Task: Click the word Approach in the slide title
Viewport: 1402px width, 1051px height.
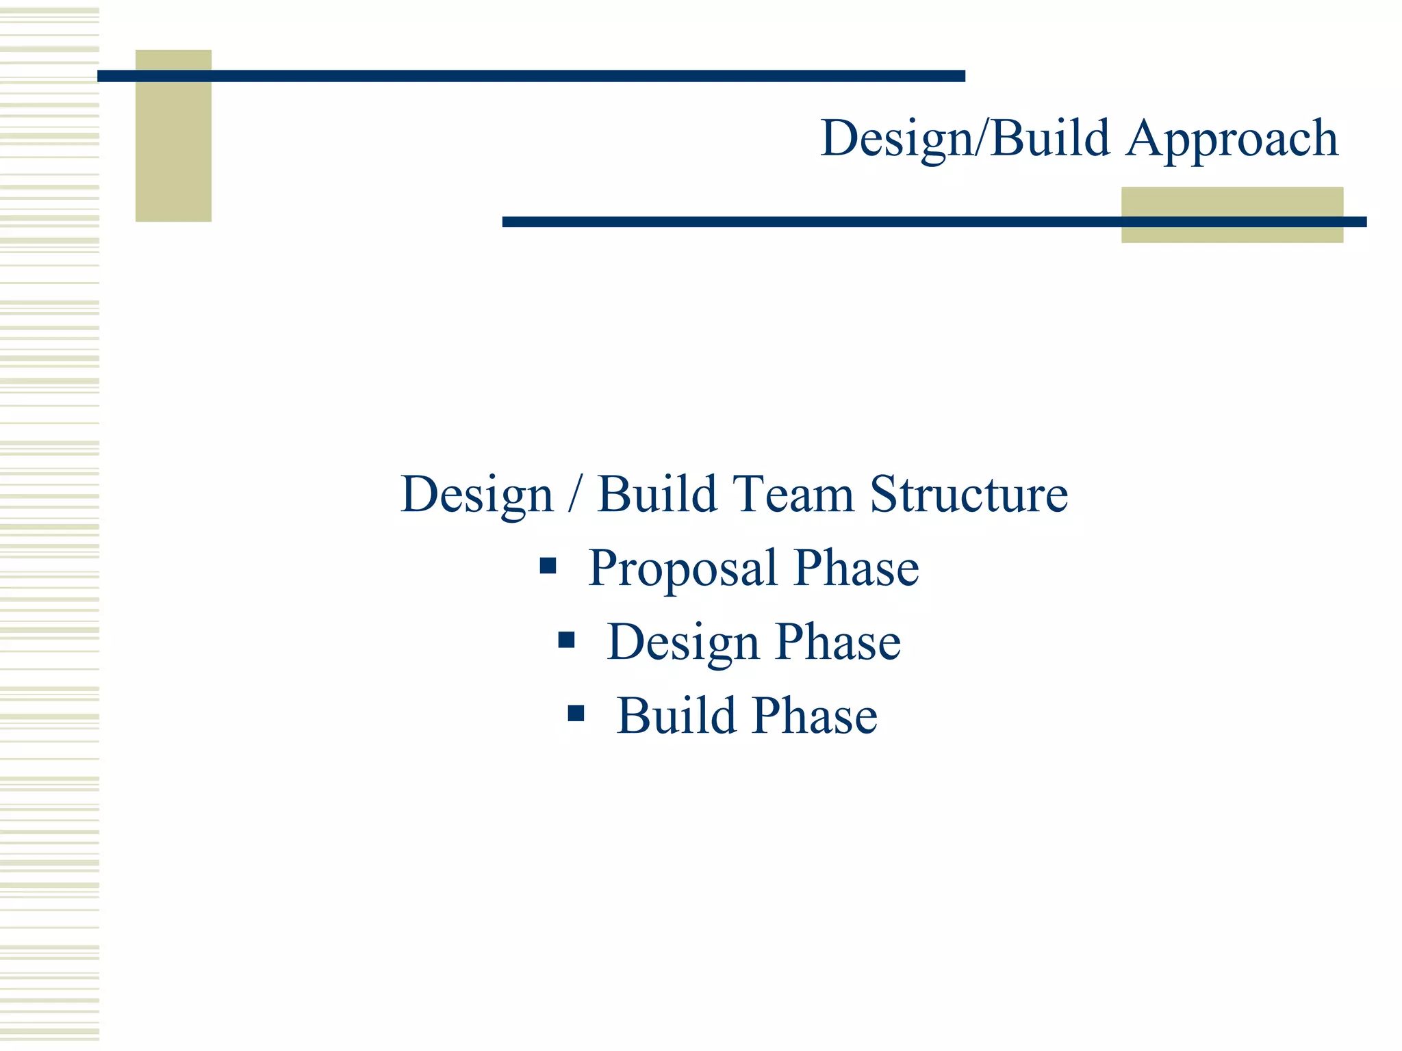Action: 1232,140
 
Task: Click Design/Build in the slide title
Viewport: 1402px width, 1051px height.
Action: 965,140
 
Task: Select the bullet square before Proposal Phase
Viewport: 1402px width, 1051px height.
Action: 548,566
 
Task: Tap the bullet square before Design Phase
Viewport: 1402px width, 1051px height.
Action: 566,640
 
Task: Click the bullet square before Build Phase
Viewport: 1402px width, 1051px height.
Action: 576,714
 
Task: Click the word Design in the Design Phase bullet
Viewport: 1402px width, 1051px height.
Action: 683,643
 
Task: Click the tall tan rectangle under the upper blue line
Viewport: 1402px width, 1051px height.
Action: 173,151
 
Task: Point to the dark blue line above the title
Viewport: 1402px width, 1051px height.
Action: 531,76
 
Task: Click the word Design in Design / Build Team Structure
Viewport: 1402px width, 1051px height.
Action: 476,495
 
